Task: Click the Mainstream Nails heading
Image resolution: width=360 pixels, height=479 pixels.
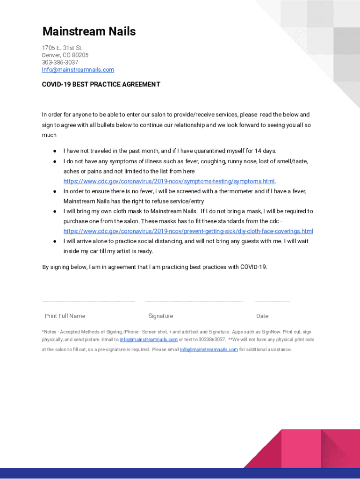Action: click(89, 31)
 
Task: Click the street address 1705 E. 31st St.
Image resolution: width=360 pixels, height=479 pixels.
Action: click(62, 48)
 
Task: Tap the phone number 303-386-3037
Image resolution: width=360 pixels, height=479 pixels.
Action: click(60, 62)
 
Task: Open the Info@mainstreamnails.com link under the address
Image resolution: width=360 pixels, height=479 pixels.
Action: click(78, 70)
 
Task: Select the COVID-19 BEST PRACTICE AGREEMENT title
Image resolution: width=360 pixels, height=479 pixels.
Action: click(101, 84)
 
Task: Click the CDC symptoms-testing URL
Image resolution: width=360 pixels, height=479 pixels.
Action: click(169, 181)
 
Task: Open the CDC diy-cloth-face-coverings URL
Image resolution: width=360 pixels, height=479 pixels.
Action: click(188, 231)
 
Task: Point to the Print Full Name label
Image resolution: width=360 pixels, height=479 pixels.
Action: click(65, 316)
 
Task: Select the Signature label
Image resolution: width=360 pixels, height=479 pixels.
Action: click(160, 316)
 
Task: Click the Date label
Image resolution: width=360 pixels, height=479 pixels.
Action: click(262, 316)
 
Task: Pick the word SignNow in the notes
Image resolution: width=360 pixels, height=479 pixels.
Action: click(270, 332)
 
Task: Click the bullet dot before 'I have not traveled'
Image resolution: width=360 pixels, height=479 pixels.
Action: click(55, 151)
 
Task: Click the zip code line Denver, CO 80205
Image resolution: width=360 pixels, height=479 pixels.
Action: click(65, 55)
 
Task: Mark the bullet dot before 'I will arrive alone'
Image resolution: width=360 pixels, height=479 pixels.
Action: click(55, 241)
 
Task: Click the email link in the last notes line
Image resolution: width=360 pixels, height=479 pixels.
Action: click(209, 349)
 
